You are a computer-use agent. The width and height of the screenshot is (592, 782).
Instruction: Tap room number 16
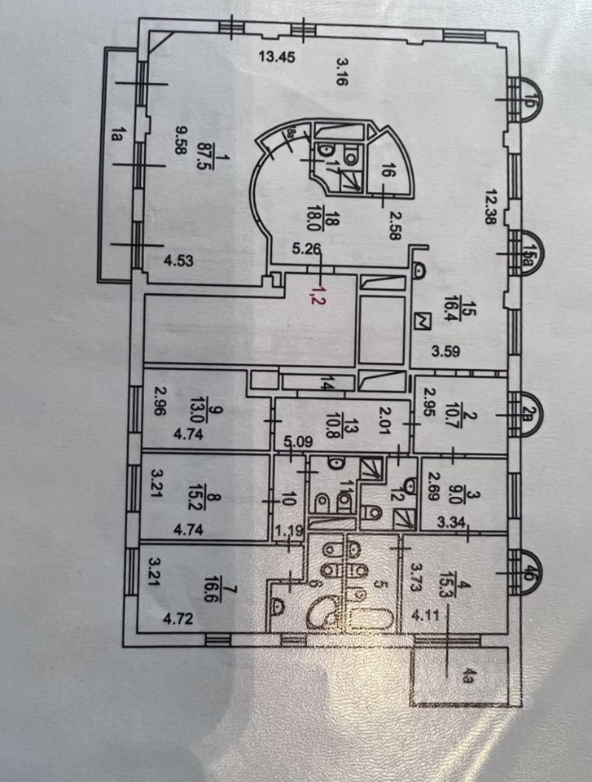point(388,172)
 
